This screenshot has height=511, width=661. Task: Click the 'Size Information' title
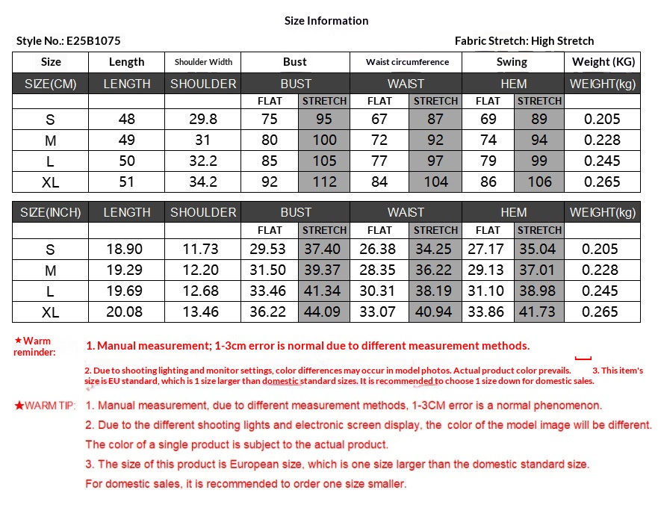click(x=326, y=21)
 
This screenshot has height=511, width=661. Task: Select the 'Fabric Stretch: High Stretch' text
click(x=524, y=41)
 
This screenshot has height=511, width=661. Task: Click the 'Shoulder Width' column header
click(x=203, y=62)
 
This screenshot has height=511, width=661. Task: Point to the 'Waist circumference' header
click(x=407, y=62)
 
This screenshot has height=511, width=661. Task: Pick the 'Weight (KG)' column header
click(x=602, y=62)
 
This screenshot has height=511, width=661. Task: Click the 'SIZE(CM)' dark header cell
click(x=51, y=84)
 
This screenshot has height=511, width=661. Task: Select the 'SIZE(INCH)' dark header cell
click(x=51, y=212)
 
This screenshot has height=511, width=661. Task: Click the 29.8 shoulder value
click(x=203, y=120)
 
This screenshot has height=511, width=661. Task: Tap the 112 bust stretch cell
click(x=324, y=182)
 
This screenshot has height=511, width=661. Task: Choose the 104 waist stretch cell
click(x=435, y=182)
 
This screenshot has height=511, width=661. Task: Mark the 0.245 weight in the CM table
click(x=602, y=161)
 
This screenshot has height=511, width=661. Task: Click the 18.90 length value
click(x=127, y=250)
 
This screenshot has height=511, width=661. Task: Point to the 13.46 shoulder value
click(x=203, y=312)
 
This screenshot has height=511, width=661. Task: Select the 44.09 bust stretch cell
click(x=324, y=312)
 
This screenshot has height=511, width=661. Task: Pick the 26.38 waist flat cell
click(x=379, y=250)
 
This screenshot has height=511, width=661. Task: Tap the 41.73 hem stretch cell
click(x=539, y=312)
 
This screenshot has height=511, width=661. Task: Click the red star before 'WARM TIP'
click(x=19, y=406)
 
